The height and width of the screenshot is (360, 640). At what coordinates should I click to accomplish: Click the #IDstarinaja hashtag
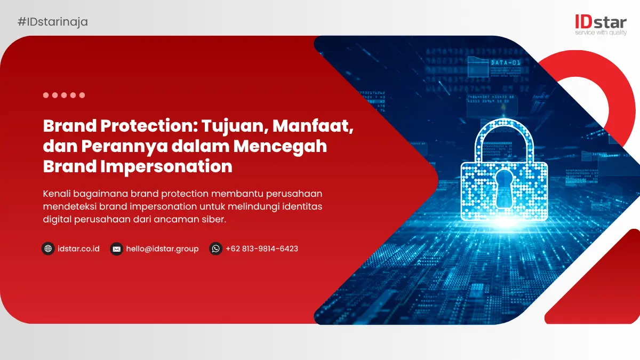click(53, 22)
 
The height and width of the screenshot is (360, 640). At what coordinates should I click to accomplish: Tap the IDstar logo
click(601, 25)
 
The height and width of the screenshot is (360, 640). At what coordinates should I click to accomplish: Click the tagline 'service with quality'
click(601, 33)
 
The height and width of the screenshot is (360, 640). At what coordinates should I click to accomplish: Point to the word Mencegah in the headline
click(281, 147)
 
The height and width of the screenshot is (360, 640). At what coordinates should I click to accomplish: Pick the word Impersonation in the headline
click(166, 166)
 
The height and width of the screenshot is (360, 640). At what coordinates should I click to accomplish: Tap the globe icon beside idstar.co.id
click(48, 249)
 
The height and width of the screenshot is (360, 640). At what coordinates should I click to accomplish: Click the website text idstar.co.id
click(78, 249)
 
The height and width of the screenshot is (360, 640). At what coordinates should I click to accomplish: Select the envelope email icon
click(117, 249)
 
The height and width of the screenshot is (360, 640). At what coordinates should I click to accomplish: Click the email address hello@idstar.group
click(162, 249)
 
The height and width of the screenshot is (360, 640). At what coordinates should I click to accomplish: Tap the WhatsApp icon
click(215, 249)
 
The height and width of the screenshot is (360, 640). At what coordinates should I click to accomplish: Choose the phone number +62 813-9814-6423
click(262, 249)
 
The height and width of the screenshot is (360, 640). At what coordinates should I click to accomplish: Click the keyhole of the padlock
click(504, 189)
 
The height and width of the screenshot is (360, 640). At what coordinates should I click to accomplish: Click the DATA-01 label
click(506, 62)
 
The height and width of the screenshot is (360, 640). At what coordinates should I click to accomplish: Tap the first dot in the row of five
click(46, 95)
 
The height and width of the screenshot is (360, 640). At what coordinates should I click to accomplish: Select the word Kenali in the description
click(57, 194)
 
